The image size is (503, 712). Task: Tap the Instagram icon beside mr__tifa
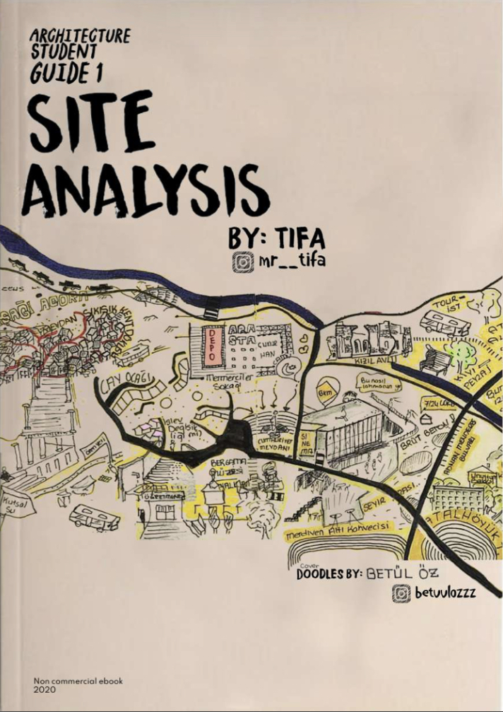(x=242, y=263)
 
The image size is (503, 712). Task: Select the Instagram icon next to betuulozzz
(x=401, y=594)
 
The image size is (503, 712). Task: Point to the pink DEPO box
(x=211, y=346)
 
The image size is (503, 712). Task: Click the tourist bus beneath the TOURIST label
(x=444, y=323)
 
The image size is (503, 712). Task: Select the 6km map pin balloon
(x=324, y=391)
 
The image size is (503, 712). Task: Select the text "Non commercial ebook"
(x=78, y=680)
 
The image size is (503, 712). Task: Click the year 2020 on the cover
(x=44, y=689)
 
